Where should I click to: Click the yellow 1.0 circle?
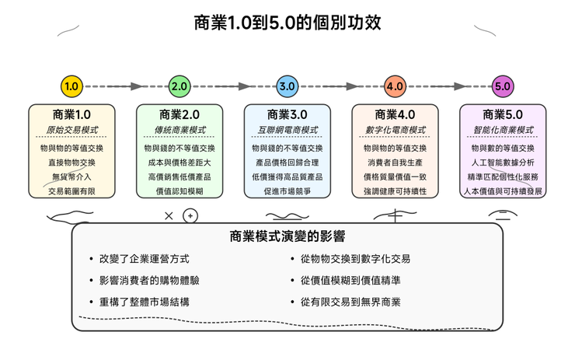[71, 87]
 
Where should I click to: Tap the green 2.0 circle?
[179, 87]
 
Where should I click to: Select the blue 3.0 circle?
[287, 87]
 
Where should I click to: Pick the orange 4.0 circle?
[395, 87]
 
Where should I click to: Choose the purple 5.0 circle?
[502, 87]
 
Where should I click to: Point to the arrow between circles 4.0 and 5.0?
[448, 87]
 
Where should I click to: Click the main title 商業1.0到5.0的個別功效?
[287, 23]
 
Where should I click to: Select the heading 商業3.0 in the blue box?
[287, 114]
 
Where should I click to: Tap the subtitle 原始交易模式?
[71, 131]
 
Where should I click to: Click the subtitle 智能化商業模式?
[503, 131]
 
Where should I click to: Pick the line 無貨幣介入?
[71, 177]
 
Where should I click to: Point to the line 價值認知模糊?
[179, 191]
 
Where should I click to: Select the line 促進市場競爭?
[287, 191]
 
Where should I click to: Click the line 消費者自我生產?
[395, 163]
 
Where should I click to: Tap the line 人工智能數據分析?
[503, 163]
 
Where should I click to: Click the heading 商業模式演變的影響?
[287, 236]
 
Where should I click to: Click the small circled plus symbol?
[190, 216]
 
